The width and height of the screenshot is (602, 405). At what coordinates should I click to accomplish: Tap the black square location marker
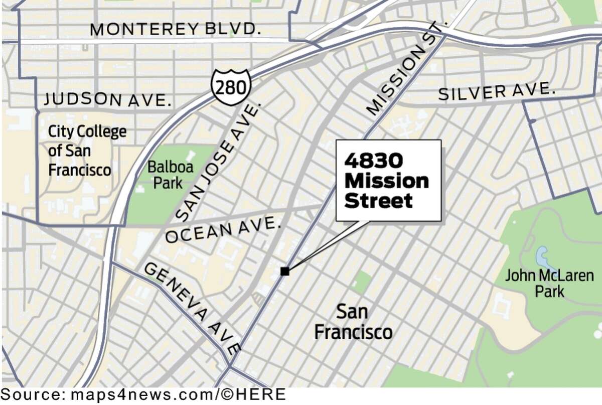(284, 272)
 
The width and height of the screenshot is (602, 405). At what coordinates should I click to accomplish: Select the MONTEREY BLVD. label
(176, 29)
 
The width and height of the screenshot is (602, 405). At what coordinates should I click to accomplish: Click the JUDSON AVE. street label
(107, 100)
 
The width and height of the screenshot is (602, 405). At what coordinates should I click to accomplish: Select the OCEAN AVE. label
(222, 230)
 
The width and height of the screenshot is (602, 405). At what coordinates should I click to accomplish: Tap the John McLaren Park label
(549, 283)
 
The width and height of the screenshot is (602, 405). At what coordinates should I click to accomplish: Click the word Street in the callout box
(379, 201)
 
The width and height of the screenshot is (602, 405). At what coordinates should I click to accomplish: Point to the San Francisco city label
(353, 322)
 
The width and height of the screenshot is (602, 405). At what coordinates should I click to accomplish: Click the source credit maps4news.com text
(140, 394)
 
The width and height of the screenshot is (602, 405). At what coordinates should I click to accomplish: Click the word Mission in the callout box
(386, 181)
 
